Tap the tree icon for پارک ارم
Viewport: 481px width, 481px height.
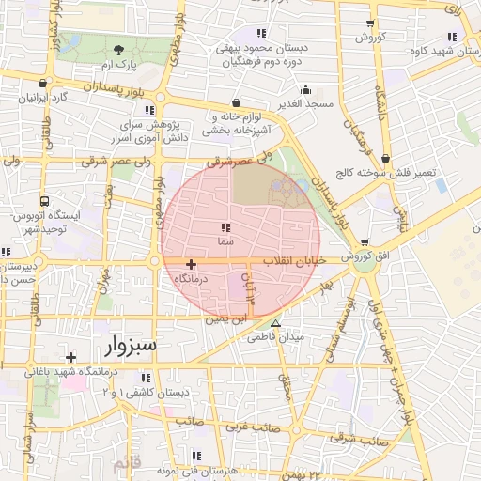tap(118, 50)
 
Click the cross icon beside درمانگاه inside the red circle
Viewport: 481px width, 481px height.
tap(192, 265)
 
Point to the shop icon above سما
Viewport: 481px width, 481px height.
tap(225, 227)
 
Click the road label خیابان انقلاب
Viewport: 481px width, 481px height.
tap(290, 259)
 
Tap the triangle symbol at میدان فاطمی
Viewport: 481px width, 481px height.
tap(275, 322)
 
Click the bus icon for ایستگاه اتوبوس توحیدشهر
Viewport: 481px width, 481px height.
tap(44, 202)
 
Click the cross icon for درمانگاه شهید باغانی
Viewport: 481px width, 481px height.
tap(71, 357)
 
